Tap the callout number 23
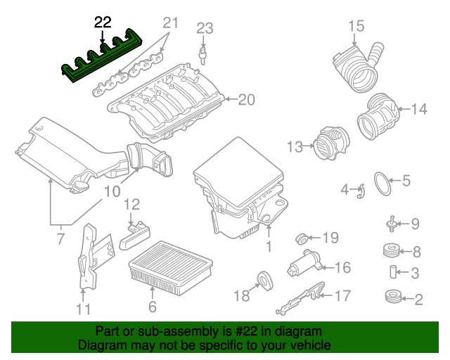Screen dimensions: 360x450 [x=204, y=28]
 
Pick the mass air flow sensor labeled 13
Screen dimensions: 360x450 [x=328, y=146]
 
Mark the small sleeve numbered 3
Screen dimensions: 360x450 [x=391, y=273]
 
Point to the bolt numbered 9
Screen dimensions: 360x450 [x=389, y=224]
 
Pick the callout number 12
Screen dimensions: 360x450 [x=131, y=205]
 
